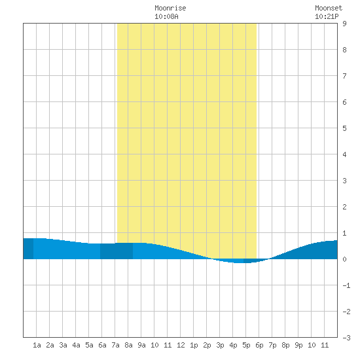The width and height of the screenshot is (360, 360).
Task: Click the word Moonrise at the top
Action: [170, 8]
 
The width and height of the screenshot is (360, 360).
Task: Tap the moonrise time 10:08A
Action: [166, 16]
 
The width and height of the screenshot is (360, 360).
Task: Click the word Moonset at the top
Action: [329, 8]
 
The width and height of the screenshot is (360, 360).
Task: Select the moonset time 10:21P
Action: [327, 16]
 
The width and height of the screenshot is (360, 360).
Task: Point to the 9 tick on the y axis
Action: [344, 24]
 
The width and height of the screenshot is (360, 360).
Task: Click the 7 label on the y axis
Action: [344, 76]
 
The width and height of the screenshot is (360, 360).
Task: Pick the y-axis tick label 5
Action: [344, 128]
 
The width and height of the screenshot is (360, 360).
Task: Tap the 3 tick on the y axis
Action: [344, 181]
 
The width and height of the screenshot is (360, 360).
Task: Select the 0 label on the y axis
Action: [344, 259]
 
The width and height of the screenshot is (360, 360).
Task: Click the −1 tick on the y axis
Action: [346, 285]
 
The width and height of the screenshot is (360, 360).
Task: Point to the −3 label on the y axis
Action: [346, 338]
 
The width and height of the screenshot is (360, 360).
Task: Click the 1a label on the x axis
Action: [37, 345]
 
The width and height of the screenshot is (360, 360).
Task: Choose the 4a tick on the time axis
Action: [76, 345]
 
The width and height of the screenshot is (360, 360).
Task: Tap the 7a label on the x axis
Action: [115, 345]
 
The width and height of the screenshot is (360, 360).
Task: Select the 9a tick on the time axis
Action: [141, 345]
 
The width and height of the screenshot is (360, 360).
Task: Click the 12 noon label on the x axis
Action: [181, 345]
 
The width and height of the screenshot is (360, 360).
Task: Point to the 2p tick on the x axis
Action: [207, 345]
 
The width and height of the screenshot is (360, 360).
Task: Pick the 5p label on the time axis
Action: [246, 345]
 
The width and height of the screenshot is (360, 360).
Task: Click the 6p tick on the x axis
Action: [259, 345]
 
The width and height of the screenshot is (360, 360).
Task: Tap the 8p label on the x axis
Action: [285, 345]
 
